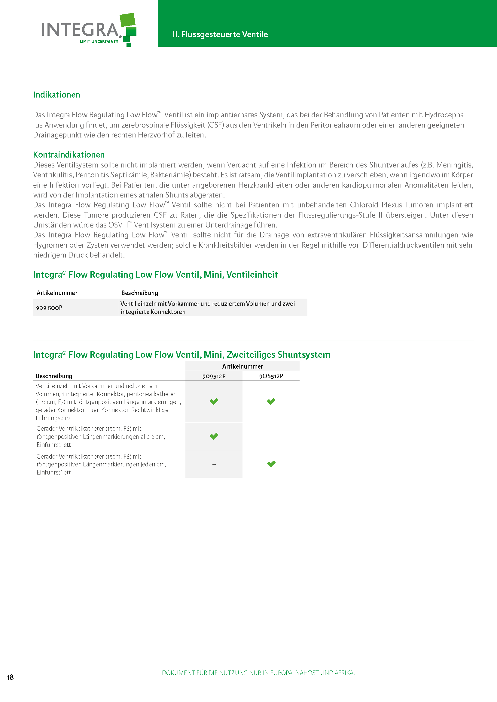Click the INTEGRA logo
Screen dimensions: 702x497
(89, 30)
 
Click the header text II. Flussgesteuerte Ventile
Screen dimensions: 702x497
(220, 35)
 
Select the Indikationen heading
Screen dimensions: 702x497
(56, 95)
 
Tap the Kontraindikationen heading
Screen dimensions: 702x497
(69, 155)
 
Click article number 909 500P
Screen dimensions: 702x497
(49, 308)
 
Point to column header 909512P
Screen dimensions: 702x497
(214, 376)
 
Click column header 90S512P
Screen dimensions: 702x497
(271, 376)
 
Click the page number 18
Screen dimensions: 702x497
(10, 677)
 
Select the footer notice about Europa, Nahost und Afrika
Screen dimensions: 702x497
(258, 673)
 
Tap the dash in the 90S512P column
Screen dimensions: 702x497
(271, 437)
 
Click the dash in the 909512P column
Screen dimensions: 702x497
(214, 464)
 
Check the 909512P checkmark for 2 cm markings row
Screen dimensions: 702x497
(214, 436)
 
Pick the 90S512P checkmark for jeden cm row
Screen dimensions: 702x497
(271, 464)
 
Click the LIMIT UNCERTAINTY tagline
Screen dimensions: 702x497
(99, 42)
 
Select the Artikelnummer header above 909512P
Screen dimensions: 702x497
(242, 366)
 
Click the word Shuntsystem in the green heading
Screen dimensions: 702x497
(304, 355)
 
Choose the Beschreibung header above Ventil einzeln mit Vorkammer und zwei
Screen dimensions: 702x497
(139, 293)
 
